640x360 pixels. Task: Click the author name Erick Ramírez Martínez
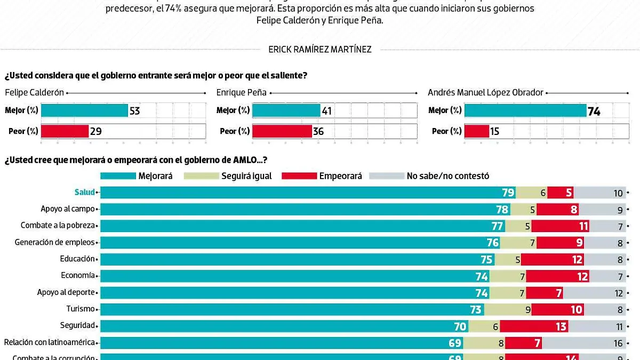[x=320, y=50]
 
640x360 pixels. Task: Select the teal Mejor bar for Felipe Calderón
[x=84, y=110]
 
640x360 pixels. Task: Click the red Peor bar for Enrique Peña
[x=282, y=131]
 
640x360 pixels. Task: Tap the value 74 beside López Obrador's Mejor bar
[x=594, y=111]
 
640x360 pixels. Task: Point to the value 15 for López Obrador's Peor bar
[x=494, y=131]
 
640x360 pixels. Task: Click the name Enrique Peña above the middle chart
[x=241, y=92]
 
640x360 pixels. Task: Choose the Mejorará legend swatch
[x=117, y=175]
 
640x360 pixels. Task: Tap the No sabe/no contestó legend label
[x=447, y=175]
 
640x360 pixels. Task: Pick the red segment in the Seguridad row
[x=545, y=326]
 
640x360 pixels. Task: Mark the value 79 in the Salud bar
[x=508, y=193]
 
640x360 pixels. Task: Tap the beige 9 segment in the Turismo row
[x=507, y=309]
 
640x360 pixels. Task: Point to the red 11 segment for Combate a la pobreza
[x=560, y=226]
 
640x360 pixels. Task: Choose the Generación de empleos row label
[x=55, y=243]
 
